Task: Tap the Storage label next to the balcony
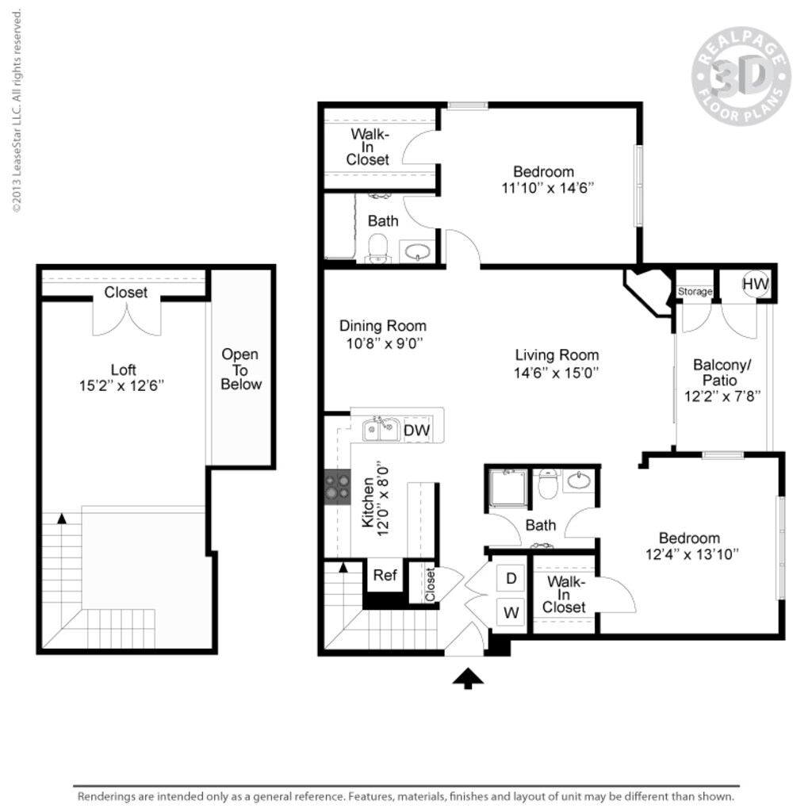point(695,292)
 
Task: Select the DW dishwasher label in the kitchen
point(417,430)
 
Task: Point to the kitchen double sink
point(380,430)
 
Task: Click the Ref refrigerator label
point(385,575)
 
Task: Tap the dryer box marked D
point(511,579)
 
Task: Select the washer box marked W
point(511,611)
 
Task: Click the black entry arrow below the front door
point(468,678)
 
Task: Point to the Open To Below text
point(240,370)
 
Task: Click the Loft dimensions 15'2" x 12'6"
point(123,386)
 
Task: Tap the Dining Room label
point(382,326)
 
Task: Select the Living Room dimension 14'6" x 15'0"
point(557,372)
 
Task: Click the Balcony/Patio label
point(722,373)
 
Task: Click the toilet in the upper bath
point(378,247)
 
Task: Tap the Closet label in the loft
point(126,293)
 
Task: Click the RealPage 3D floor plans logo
point(741,76)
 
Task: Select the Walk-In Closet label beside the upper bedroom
point(368,147)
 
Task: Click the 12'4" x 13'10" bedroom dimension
point(692,555)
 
